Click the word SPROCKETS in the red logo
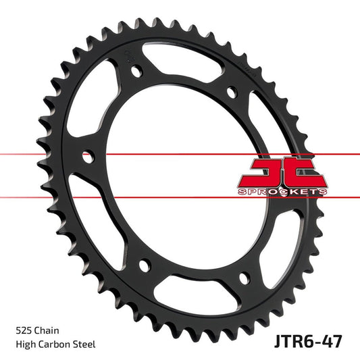pyautogui.click(x=283, y=192)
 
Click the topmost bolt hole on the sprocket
pyautogui.click(x=137, y=71)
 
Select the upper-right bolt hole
pyautogui.click(x=231, y=91)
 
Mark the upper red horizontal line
pyautogui.click(x=41, y=154)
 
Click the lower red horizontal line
pyautogui.click(x=41, y=197)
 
